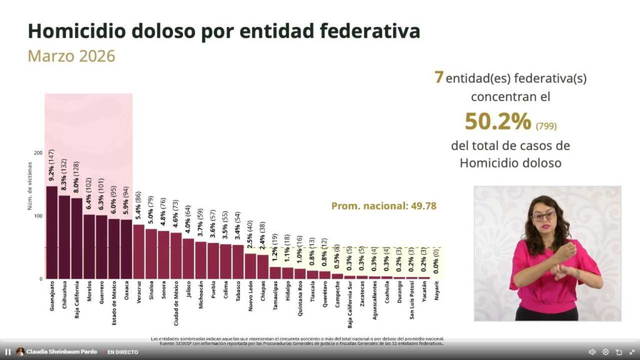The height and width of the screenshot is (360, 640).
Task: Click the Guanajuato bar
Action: tap(52, 232)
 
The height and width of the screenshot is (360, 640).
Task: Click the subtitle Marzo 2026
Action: tap(71, 56)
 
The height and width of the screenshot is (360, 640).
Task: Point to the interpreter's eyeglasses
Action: tap(544, 216)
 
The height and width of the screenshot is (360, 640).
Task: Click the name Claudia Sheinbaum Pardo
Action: tap(61, 352)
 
